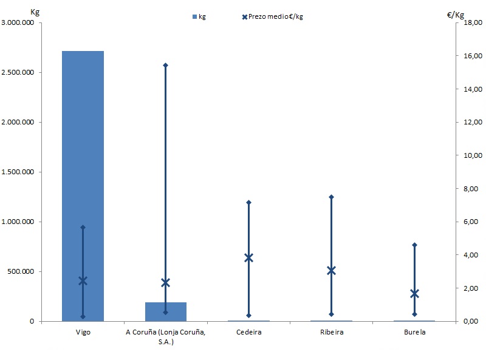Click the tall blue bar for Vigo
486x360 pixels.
[x=83, y=182]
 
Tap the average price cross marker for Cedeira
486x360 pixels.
[x=248, y=257]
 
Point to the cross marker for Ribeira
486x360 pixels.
[x=331, y=270]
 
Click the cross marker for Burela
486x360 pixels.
[x=414, y=294]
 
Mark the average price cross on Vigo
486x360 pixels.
[x=83, y=280]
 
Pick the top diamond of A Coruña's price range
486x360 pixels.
[x=166, y=65]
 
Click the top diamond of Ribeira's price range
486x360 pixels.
[x=331, y=197]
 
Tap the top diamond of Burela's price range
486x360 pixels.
[x=414, y=245]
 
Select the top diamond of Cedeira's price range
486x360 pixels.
[x=248, y=202]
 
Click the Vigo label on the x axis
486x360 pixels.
[x=83, y=333]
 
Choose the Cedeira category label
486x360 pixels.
[x=248, y=333]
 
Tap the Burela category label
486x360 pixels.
[x=414, y=333]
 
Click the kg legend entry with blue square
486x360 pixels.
[x=199, y=16]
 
